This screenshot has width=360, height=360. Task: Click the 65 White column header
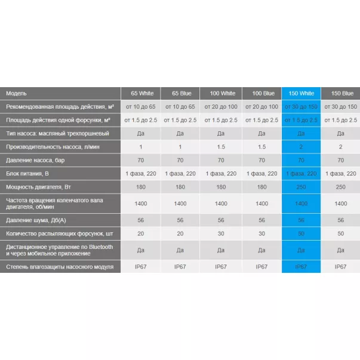(x=140, y=93)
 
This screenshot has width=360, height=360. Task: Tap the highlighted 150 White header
(x=301, y=93)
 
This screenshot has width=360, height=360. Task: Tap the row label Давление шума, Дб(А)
(x=36, y=220)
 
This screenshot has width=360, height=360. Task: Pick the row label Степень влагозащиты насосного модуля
(x=59, y=267)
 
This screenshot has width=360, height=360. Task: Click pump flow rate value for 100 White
(x=221, y=147)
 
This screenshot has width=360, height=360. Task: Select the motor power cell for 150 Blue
(x=340, y=187)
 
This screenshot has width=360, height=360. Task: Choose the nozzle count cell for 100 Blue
(x=262, y=233)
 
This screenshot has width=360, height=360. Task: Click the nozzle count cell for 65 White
(x=140, y=233)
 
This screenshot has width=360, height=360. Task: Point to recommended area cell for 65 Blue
(x=180, y=106)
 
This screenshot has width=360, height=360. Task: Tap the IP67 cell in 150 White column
(x=301, y=267)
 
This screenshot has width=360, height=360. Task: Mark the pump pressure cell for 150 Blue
(x=340, y=160)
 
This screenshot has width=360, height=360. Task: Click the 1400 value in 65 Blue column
(x=180, y=204)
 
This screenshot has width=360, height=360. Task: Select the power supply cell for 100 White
(x=221, y=174)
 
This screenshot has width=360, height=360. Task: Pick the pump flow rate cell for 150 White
(x=301, y=147)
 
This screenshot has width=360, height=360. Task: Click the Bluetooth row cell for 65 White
(x=140, y=250)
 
